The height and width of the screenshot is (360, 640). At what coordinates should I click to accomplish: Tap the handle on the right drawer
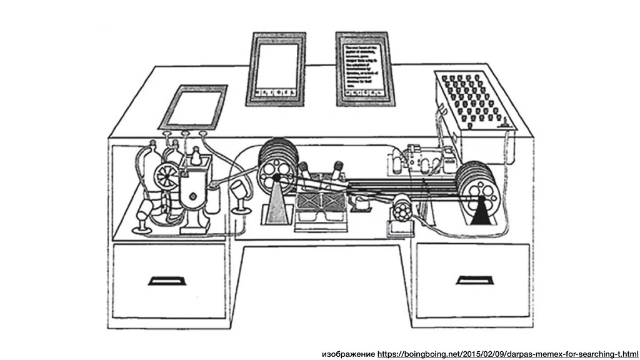pos(474,280)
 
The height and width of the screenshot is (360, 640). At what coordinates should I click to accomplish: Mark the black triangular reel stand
pos(481,212)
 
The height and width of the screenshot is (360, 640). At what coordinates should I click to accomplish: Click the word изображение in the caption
pos(348,354)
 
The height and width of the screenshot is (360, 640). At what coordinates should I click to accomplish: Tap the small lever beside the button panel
pos(504,125)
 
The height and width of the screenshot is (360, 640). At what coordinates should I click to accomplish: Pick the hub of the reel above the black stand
pos(481,199)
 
